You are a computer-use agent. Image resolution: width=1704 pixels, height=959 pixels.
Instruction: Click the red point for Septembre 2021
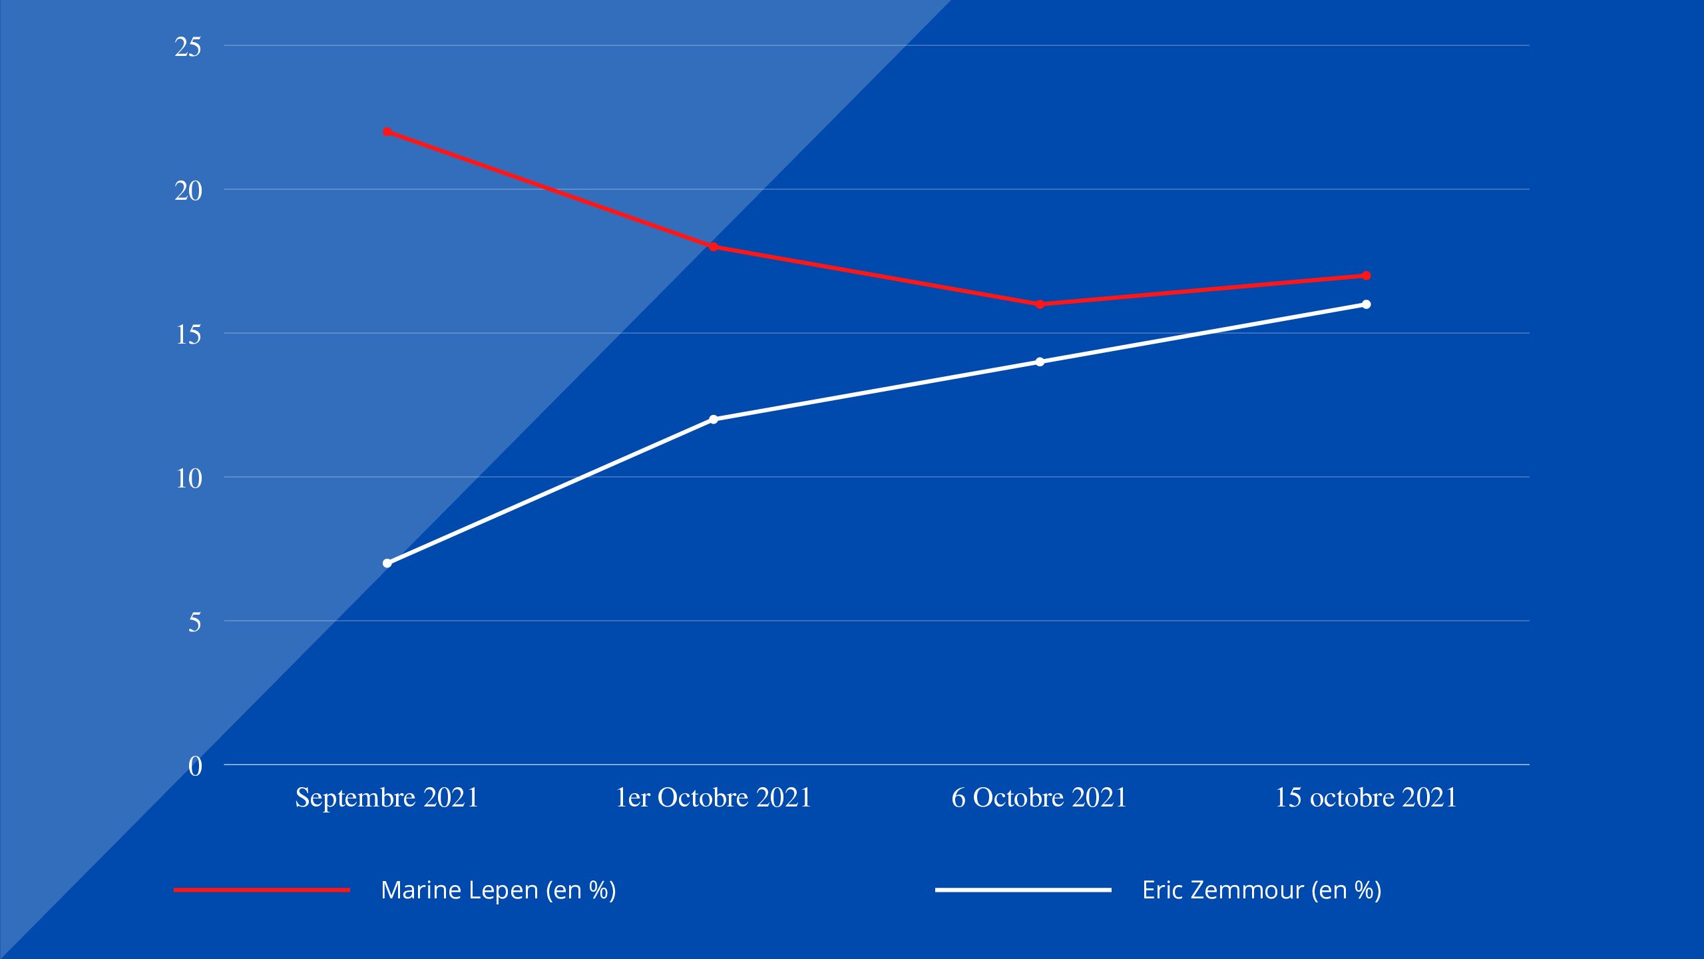tap(387, 132)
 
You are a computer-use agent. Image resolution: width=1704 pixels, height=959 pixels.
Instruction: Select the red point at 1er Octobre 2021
tap(714, 247)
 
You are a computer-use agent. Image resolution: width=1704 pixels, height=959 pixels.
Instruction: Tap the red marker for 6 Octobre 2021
tap(1040, 304)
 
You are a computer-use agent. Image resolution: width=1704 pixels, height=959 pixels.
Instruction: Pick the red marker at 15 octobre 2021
tap(1366, 276)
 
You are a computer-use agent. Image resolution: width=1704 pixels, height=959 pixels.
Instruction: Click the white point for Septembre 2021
tap(387, 563)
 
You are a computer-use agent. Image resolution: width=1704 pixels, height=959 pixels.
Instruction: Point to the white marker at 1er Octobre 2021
tap(714, 420)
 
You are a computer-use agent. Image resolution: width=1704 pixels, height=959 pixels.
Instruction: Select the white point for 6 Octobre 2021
tap(1040, 362)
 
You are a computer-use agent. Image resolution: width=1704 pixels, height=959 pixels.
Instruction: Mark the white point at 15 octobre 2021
tap(1366, 304)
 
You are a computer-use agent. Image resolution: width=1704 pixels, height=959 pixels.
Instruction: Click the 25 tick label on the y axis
tap(188, 47)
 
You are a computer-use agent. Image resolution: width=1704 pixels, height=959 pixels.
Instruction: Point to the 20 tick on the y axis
tap(188, 191)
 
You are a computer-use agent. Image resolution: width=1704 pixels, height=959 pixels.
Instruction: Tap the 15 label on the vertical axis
tap(188, 335)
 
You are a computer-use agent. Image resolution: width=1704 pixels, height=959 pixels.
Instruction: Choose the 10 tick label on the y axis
tap(188, 479)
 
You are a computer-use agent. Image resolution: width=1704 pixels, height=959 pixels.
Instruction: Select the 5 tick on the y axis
tap(194, 623)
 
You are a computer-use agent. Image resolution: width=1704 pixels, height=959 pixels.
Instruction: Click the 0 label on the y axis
tap(194, 767)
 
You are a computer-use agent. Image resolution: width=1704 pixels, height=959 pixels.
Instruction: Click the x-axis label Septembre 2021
tap(387, 798)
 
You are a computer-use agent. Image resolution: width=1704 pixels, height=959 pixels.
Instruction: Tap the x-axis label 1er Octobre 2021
tap(714, 798)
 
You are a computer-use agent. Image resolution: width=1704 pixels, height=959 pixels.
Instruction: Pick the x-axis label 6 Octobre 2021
tap(1039, 798)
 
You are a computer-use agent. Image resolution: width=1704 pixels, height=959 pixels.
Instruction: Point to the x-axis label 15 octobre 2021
tap(1366, 798)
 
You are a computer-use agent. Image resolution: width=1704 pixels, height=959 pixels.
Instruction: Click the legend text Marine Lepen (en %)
tap(499, 890)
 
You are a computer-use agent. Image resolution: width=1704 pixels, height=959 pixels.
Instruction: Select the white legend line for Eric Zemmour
tap(1023, 890)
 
